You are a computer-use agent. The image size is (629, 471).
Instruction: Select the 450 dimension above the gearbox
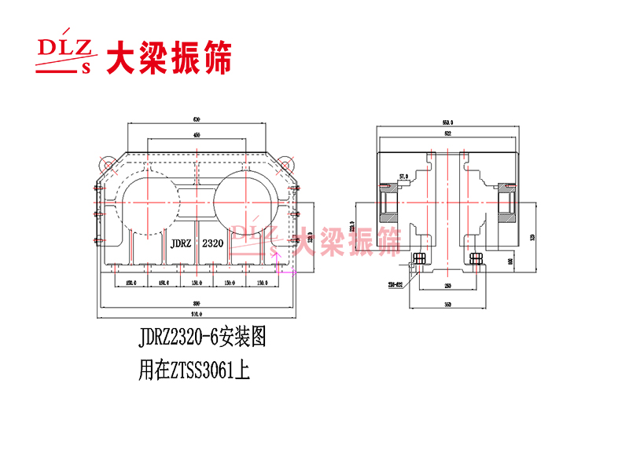coord(197,136)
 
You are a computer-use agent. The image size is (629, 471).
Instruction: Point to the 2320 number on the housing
coord(213,243)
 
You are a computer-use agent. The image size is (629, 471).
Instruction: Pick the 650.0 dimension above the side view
coord(448,122)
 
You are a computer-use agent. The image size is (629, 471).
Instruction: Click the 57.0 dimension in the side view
coord(403,177)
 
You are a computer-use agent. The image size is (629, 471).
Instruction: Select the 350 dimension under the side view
coord(448,302)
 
